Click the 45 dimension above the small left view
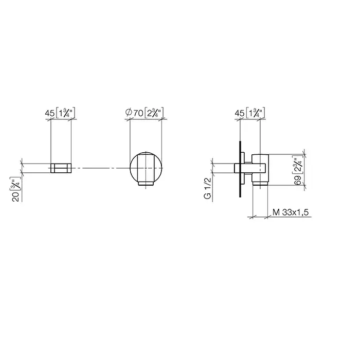click(x=49, y=113)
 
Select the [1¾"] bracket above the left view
click(x=65, y=113)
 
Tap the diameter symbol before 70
click(x=129, y=113)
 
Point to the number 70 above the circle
click(x=138, y=113)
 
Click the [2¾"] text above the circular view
click(x=154, y=113)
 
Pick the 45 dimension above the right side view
click(x=240, y=113)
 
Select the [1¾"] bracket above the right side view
click(x=255, y=113)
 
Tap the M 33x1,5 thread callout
click(x=291, y=212)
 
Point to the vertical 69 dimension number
click(x=298, y=181)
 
